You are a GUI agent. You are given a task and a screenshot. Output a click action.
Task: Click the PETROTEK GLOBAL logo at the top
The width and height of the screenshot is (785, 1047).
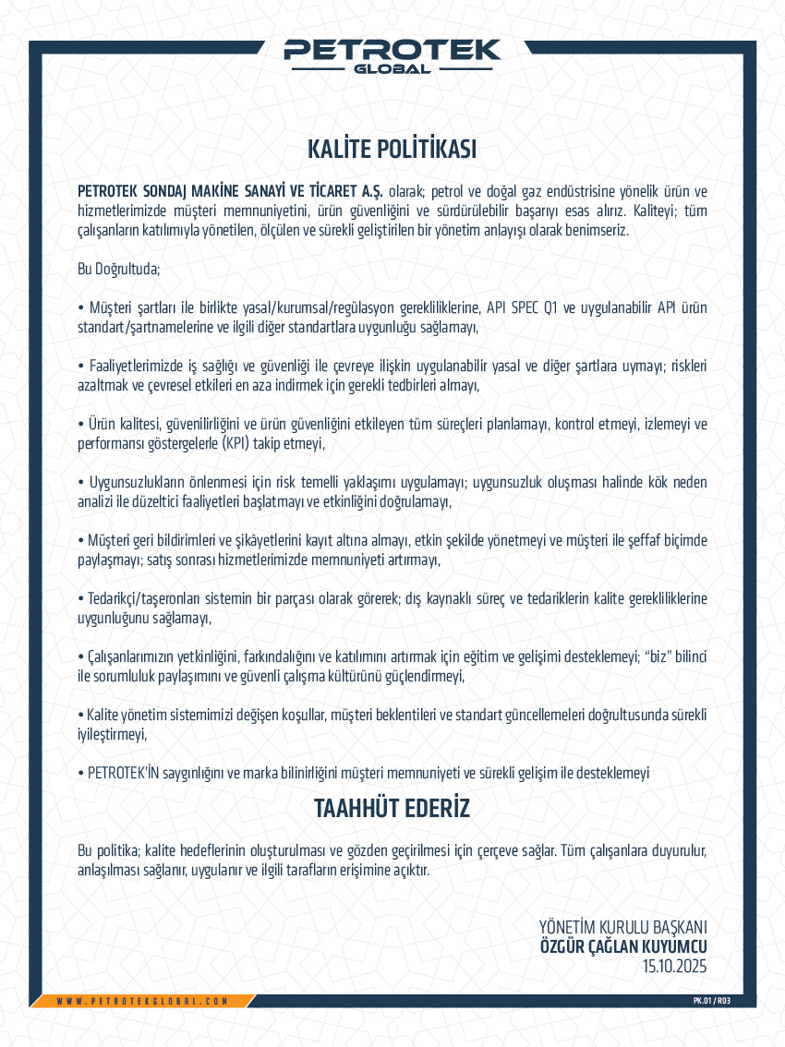tap(392, 54)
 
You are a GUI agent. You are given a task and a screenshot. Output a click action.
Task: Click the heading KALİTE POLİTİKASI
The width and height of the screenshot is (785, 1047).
tap(392, 150)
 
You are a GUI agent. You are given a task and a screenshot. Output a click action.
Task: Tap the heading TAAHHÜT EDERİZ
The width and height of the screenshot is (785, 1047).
tap(392, 809)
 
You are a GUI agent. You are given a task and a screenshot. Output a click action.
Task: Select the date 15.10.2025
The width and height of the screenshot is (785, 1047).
tap(674, 967)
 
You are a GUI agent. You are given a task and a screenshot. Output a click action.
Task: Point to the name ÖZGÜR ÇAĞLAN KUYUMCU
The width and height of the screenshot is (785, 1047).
tap(623, 946)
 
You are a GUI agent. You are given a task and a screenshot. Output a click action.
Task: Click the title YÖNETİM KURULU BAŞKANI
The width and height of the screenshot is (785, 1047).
tap(623, 926)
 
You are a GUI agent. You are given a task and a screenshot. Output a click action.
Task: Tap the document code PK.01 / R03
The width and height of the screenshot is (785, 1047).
tap(712, 1001)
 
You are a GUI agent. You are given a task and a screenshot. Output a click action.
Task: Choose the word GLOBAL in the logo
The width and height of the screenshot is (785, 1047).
tap(392, 68)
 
